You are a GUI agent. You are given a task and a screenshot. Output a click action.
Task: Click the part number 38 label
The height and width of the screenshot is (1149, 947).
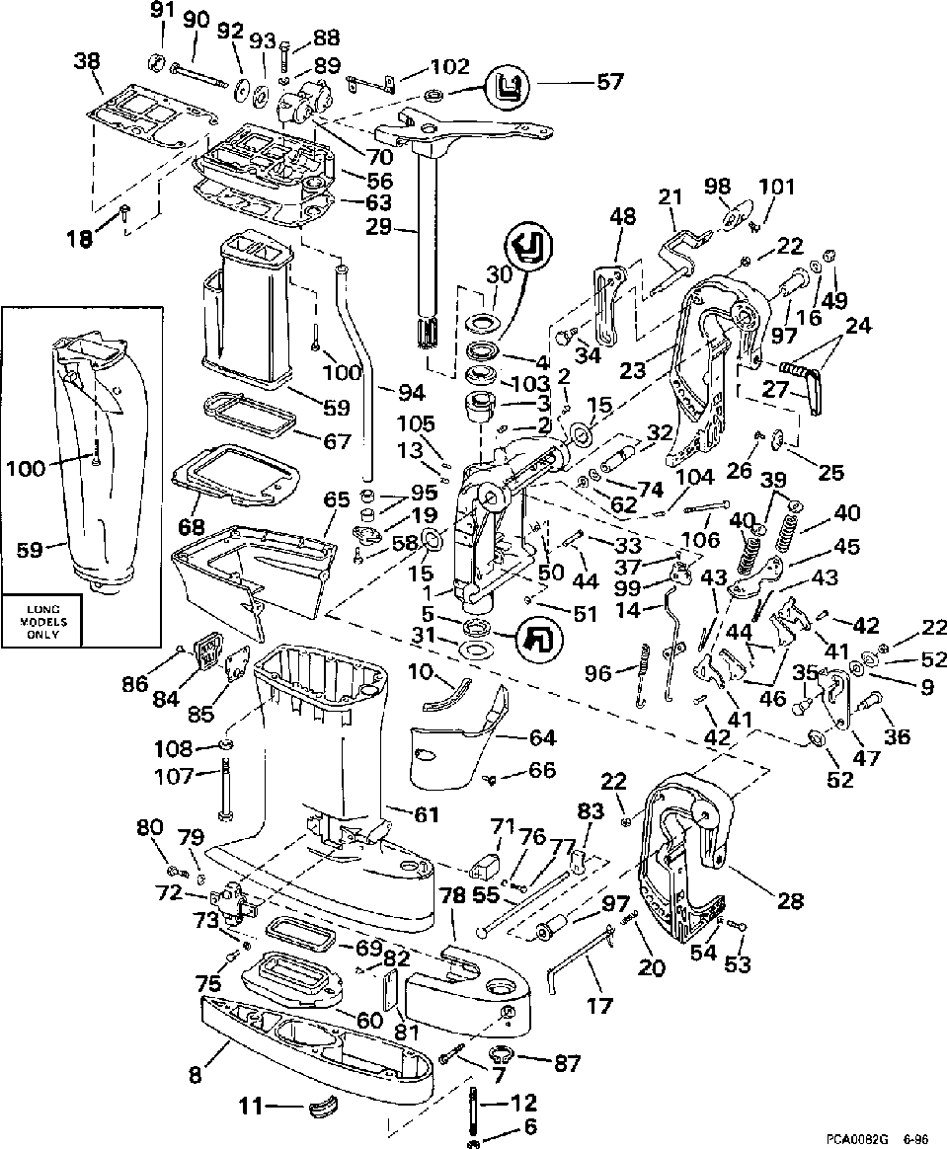pyautogui.click(x=87, y=62)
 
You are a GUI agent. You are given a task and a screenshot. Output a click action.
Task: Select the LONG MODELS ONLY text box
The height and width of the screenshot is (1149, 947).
pyautogui.click(x=43, y=622)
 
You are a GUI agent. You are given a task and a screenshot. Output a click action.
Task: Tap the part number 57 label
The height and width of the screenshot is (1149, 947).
pyautogui.click(x=609, y=81)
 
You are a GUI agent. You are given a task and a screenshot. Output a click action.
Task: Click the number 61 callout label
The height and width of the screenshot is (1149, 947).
pyautogui.click(x=426, y=813)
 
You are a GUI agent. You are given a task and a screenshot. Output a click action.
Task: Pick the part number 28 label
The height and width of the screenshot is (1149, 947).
pyautogui.click(x=790, y=900)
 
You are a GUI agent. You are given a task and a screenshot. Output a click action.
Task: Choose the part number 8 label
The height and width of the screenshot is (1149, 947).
pyautogui.click(x=195, y=1055)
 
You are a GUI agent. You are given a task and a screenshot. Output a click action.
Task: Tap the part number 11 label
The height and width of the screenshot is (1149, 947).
pyautogui.click(x=252, y=1107)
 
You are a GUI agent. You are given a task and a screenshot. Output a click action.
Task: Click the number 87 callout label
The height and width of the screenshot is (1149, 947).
pyautogui.click(x=567, y=1063)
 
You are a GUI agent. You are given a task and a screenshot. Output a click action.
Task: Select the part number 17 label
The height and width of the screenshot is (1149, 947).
pyautogui.click(x=598, y=1006)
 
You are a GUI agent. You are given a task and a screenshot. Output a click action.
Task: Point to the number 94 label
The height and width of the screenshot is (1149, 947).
pyautogui.click(x=411, y=393)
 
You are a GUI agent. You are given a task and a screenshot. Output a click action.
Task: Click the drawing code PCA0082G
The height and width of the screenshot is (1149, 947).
pyautogui.click(x=857, y=1139)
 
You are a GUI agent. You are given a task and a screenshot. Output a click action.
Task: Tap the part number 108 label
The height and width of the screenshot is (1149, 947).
pyautogui.click(x=173, y=748)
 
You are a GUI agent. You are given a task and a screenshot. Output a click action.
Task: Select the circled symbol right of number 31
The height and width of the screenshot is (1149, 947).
pyautogui.click(x=539, y=640)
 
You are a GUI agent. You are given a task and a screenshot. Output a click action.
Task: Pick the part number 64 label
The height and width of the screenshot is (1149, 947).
pyautogui.click(x=542, y=737)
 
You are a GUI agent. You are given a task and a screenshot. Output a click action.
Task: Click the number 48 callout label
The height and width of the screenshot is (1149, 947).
pyautogui.click(x=622, y=216)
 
